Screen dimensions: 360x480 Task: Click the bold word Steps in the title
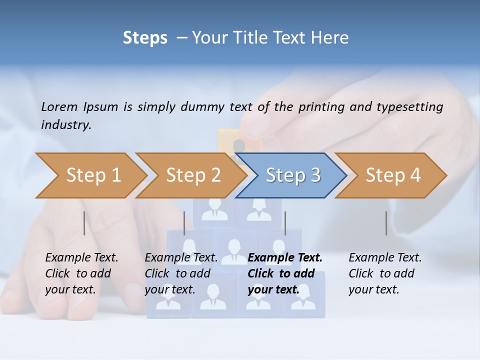pos(145,38)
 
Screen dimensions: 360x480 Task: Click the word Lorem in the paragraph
pos(59,106)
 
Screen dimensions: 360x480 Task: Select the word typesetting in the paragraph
pos(412,106)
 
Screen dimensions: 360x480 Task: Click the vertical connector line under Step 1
pos(84,223)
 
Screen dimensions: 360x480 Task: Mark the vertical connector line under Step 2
pos(184,223)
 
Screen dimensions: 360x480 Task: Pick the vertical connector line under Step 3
pos(285,223)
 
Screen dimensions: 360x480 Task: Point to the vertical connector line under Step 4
pos(386,223)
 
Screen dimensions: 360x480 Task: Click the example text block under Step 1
pos(81,273)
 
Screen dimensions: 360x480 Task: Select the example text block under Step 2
pos(181,273)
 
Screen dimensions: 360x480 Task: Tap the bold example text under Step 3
pos(284,273)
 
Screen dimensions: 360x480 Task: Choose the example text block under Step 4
pos(384,273)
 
